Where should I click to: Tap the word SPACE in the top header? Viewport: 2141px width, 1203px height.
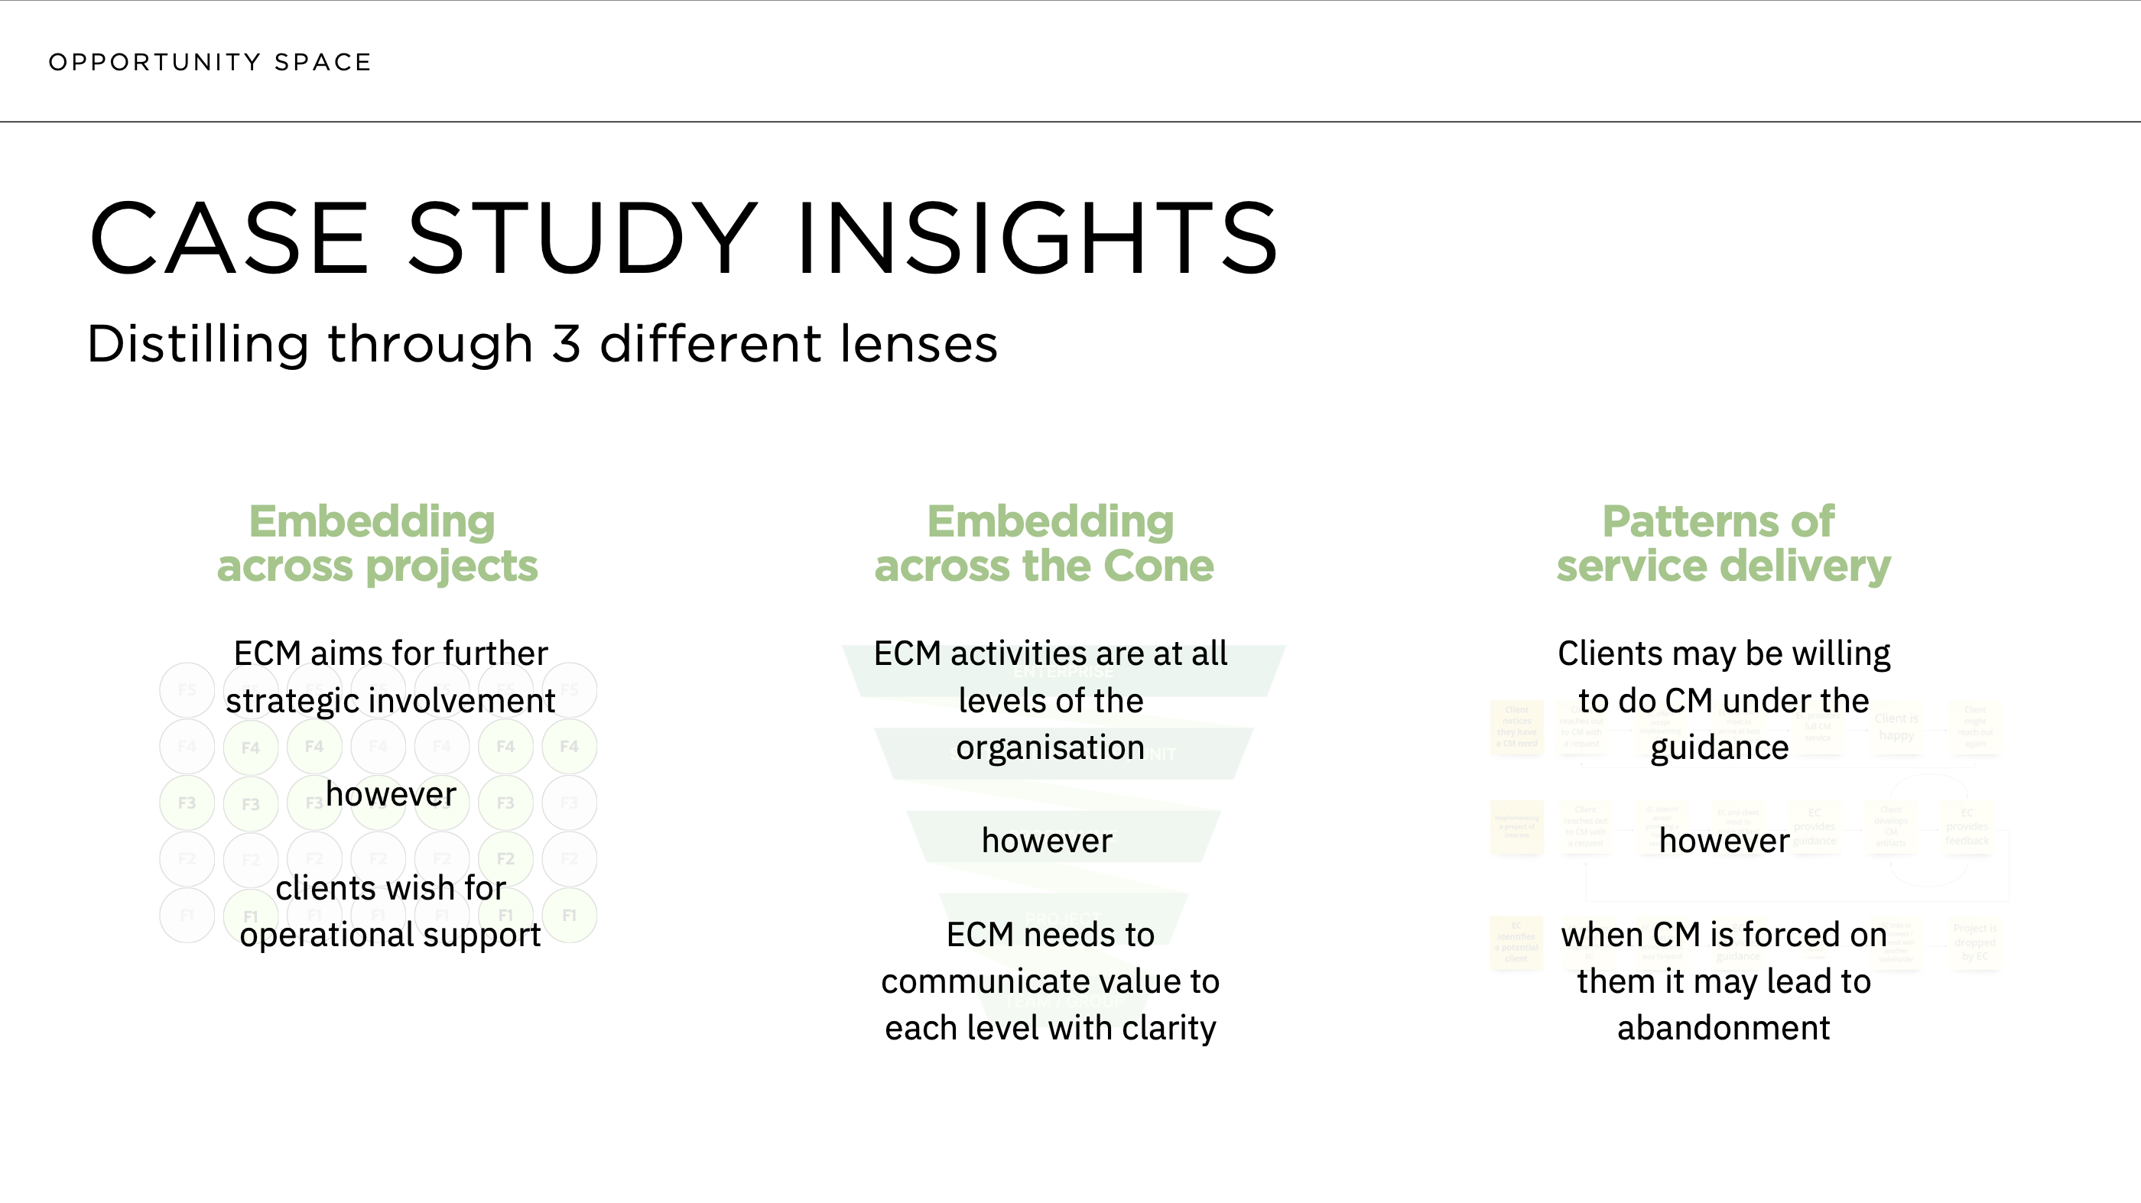(323, 63)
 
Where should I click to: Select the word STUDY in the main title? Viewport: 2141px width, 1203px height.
(582, 238)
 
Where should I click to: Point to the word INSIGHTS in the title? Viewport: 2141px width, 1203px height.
(1036, 238)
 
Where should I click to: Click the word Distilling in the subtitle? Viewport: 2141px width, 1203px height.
(198, 345)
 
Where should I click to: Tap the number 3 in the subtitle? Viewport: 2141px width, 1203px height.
(566, 345)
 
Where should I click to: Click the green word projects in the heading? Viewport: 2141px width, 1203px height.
(452, 566)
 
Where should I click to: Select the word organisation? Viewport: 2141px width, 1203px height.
(1050, 747)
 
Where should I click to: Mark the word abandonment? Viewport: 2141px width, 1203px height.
(1723, 1029)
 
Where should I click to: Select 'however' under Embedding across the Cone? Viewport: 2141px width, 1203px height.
(1046, 841)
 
